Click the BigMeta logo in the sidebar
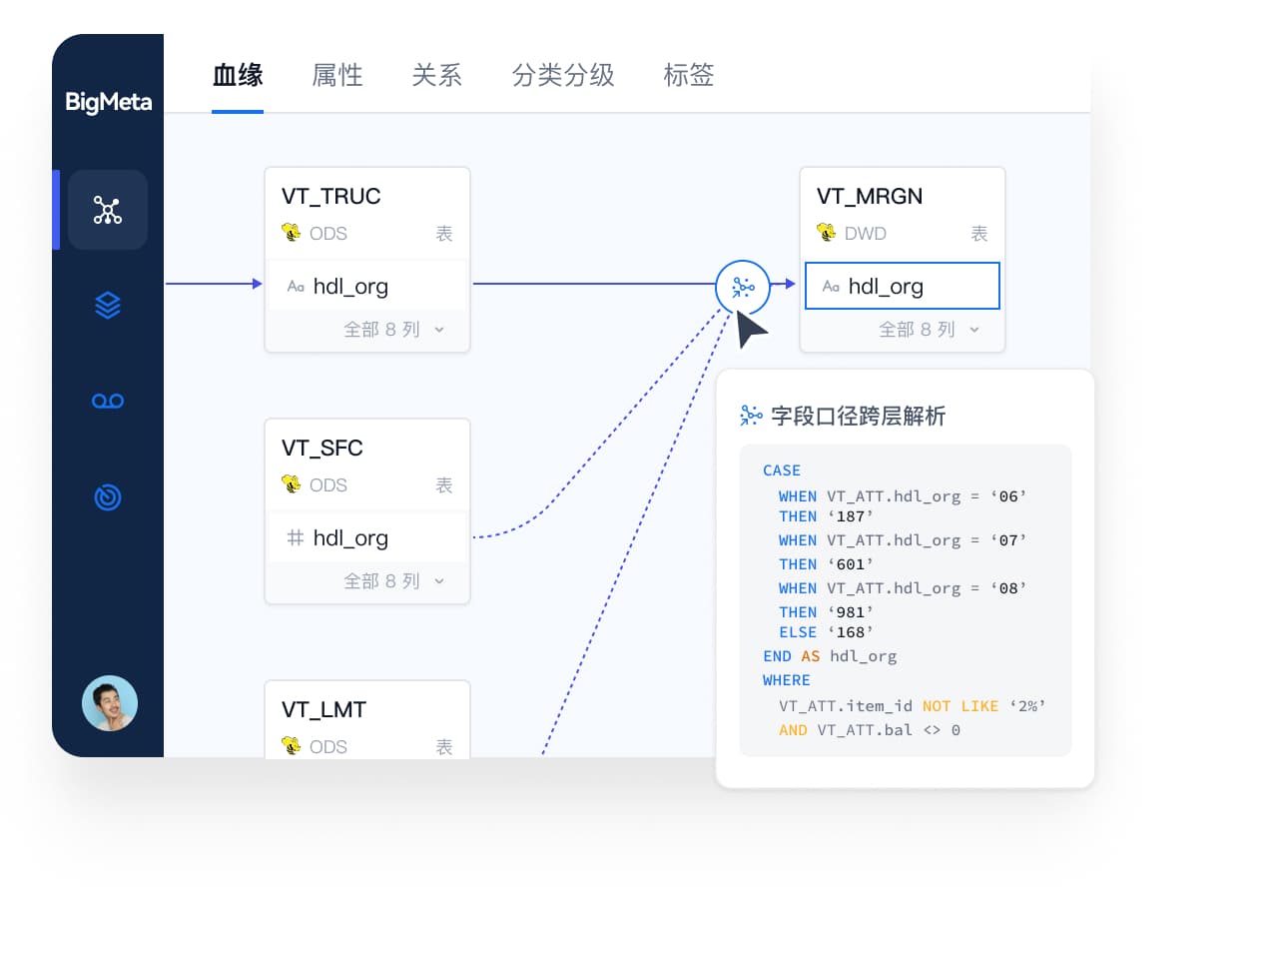[108, 102]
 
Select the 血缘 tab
[238, 75]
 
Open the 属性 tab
[337, 75]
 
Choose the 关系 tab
[436, 75]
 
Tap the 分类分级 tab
[562, 75]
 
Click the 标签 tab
[689, 75]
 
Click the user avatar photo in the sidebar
[110, 703]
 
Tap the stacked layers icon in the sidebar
[108, 305]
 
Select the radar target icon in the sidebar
[108, 496]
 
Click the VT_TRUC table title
[330, 196]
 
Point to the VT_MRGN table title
[870, 196]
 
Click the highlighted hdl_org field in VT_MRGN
[902, 286]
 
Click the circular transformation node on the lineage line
[743, 287]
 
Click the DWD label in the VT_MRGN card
[866, 234]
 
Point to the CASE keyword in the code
[782, 471]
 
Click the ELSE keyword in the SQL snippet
[798, 632]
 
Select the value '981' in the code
[850, 612]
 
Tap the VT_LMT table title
[323, 710]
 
